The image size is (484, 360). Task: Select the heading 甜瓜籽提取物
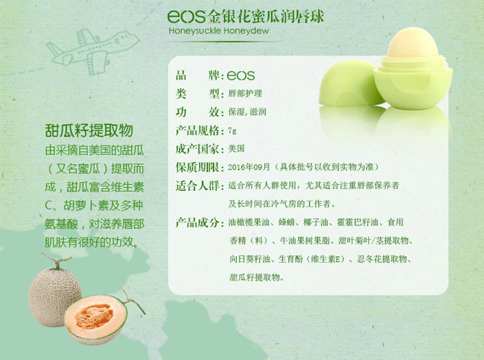tap(89, 132)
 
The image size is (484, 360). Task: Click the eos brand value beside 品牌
tap(240, 75)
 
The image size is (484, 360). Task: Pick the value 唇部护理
tap(245, 93)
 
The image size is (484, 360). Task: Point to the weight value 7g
tap(233, 131)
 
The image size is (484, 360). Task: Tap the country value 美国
tap(237, 148)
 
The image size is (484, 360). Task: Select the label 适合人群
tap(197, 185)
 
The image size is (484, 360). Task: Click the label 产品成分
tap(197, 223)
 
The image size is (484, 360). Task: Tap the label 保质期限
tap(197, 167)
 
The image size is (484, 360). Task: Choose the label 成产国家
tap(197, 148)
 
